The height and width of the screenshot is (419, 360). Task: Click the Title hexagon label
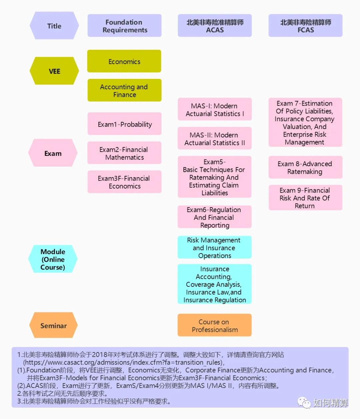54,26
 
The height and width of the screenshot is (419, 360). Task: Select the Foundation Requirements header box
124,26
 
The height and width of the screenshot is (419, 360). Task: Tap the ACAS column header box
215,26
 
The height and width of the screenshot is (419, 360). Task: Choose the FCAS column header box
305,26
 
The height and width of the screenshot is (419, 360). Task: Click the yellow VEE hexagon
54,71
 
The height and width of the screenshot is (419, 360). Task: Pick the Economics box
124,61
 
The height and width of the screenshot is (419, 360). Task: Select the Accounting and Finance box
124,90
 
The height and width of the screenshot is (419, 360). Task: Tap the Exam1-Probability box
124,124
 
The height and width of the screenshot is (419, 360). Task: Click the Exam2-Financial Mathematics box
124,153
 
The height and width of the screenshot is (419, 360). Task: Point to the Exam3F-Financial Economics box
124,182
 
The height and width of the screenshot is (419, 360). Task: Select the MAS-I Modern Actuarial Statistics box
215,109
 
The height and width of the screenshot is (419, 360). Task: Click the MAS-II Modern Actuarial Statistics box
215,139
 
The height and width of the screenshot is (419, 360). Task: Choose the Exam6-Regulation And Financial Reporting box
214,217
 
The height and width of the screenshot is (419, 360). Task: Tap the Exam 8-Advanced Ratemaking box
305,168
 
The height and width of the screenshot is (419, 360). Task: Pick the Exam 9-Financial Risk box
305,198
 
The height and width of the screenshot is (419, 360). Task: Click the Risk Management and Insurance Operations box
214,247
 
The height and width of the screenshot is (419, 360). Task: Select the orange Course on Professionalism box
214,325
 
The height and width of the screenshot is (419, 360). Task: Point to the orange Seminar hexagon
53,325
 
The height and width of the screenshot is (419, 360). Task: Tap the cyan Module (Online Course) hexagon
53,259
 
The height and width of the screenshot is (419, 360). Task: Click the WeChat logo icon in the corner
304,402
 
